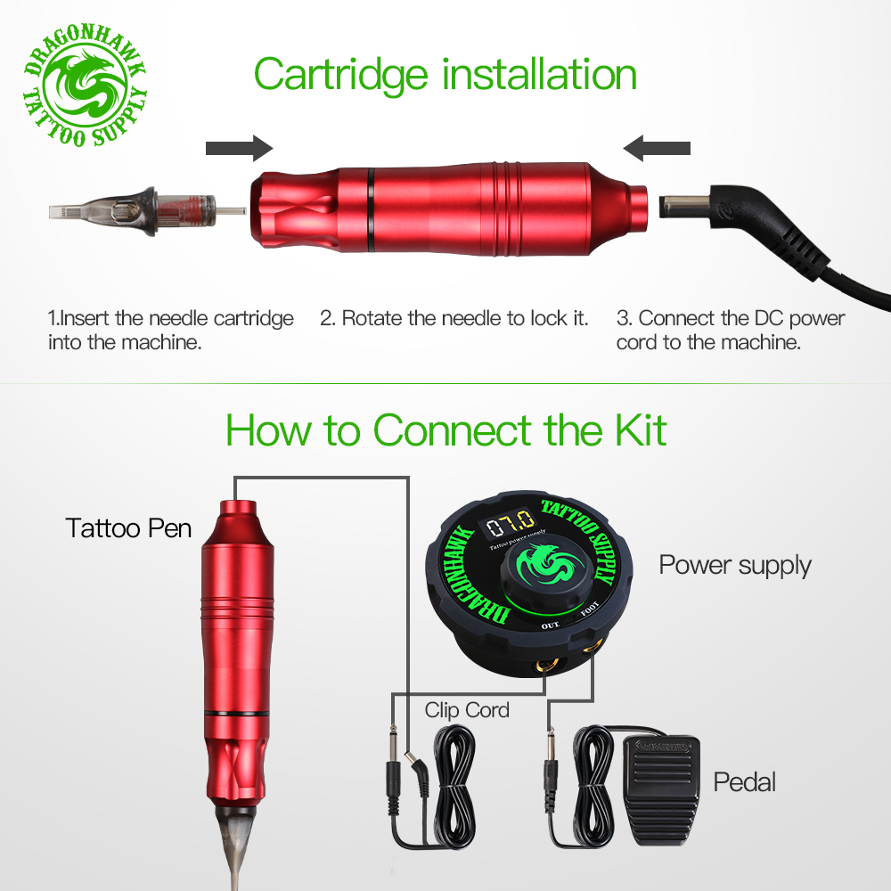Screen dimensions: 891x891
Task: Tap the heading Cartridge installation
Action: pyautogui.click(x=445, y=75)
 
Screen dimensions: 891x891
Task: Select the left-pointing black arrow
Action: pyautogui.click(x=657, y=148)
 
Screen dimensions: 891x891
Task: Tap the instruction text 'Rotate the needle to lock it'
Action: pyautogui.click(x=454, y=318)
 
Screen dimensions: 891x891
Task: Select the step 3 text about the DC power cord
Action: pyautogui.click(x=731, y=330)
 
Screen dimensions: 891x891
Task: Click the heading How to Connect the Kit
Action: pyautogui.click(x=445, y=430)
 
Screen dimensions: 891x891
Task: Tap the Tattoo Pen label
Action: pyautogui.click(x=128, y=527)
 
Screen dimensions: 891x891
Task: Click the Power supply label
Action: pyautogui.click(x=735, y=565)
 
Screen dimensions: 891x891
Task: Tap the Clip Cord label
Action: pyautogui.click(x=467, y=710)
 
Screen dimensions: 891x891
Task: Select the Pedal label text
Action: pyautogui.click(x=744, y=782)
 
